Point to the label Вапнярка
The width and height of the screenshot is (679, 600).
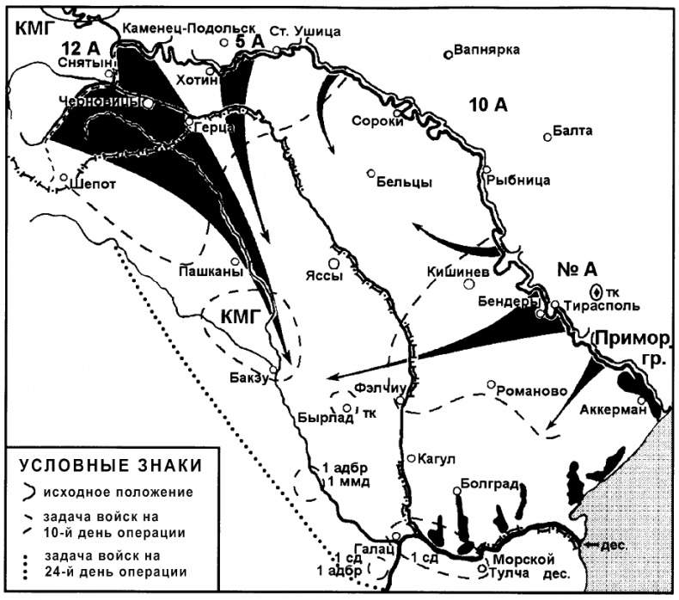point(487,49)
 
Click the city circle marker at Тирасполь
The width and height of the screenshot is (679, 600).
point(555,304)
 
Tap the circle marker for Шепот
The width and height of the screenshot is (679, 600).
point(64,180)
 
